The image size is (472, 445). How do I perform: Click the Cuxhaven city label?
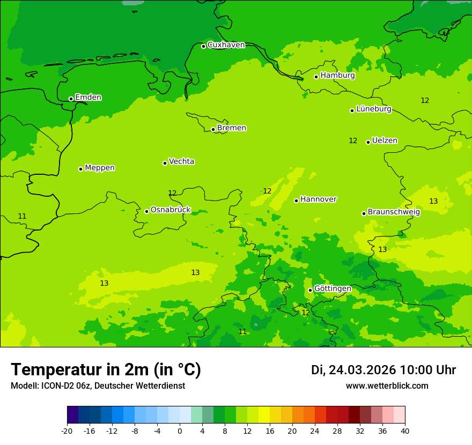[226, 45]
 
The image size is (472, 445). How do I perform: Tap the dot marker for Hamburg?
[316, 77]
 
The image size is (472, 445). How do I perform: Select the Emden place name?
[88, 98]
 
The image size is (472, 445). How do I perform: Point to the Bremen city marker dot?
[213, 129]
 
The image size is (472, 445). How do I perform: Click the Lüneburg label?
[373, 109]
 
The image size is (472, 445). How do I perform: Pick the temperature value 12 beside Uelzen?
[353, 141]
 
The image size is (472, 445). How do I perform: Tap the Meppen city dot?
[80, 169]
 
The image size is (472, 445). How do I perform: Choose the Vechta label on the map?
[181, 161]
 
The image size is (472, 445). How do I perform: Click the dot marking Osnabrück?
[146, 211]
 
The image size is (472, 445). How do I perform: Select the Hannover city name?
[318, 199]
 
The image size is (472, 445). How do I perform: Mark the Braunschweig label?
[394, 212]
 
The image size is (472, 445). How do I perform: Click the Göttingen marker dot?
[310, 290]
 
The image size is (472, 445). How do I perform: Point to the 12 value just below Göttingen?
[306, 313]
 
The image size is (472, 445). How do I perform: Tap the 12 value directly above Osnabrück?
[172, 193]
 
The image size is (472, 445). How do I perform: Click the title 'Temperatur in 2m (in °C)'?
[106, 370]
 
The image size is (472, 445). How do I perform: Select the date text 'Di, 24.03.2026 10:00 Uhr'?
[383, 370]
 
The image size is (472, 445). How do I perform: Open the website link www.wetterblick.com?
[387, 386]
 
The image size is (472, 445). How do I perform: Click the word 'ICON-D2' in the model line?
[56, 386]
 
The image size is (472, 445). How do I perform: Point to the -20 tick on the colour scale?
[67, 431]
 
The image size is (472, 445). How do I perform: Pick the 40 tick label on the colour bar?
[405, 431]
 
